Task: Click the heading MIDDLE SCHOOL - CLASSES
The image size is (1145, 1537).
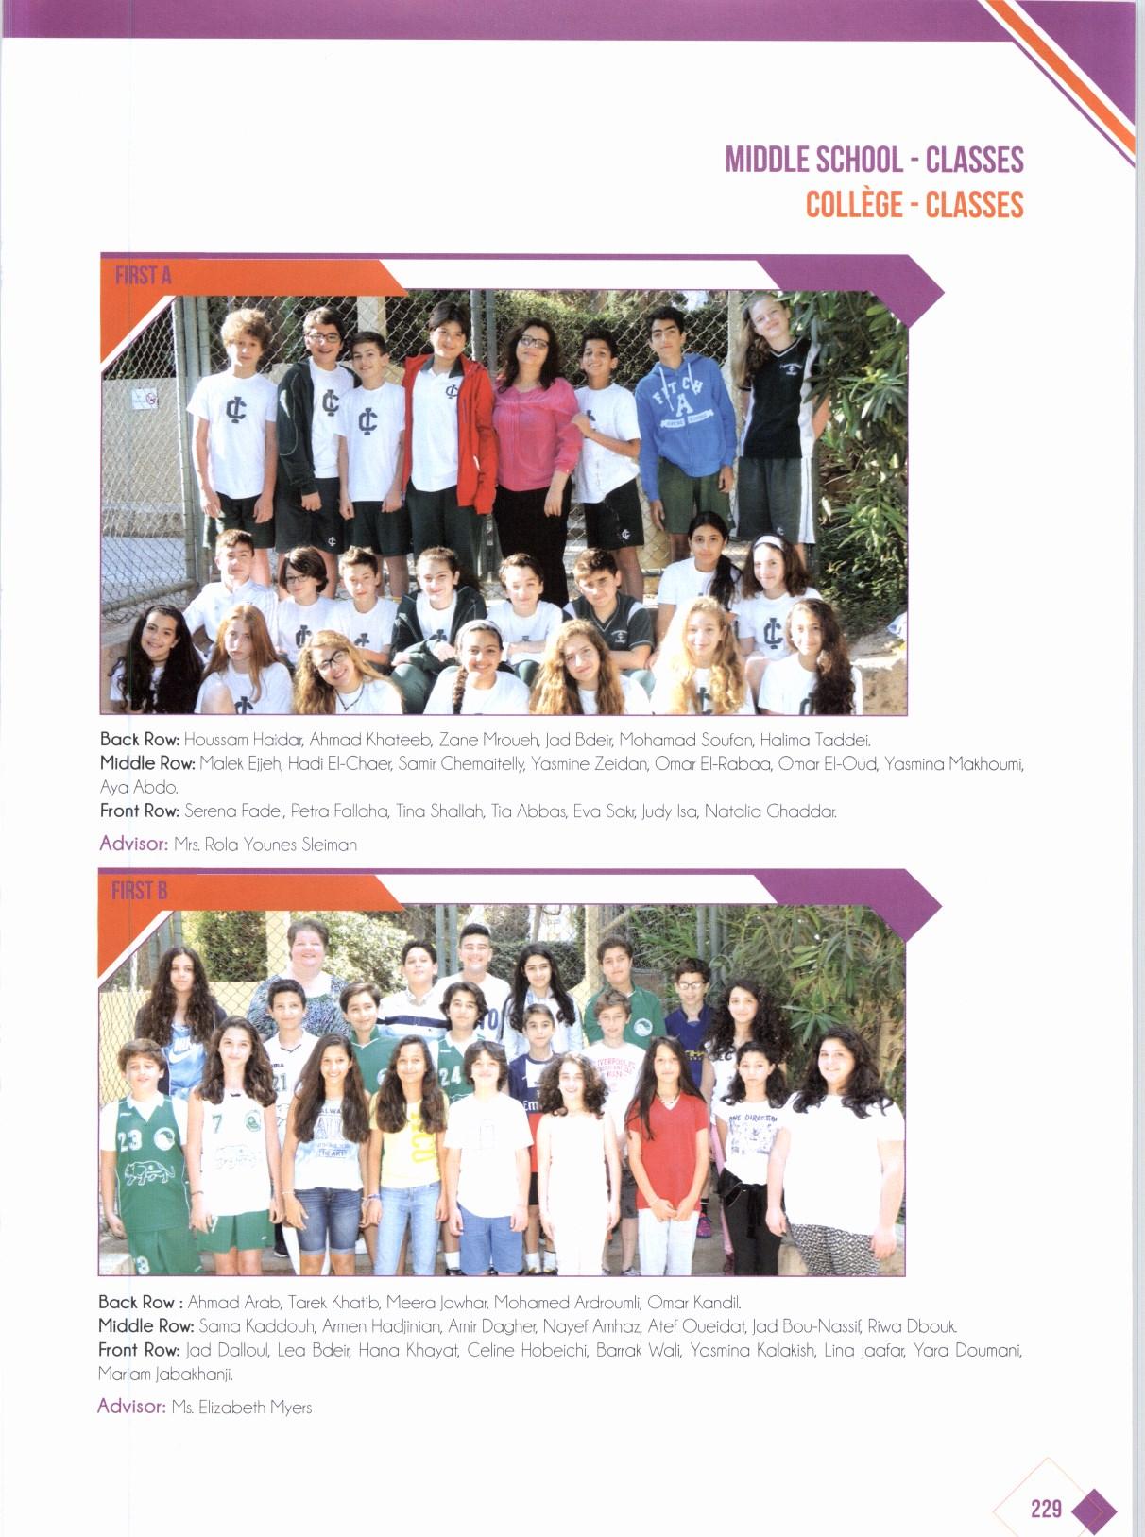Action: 874,160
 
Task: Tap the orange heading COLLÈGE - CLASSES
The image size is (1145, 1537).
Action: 914,204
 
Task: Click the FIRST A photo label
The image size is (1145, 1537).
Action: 143,276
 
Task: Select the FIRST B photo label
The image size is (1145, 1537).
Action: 139,890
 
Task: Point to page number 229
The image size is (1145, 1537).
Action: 1046,1509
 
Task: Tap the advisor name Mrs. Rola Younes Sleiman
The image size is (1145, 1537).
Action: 265,845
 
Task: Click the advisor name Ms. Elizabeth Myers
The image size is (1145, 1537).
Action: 242,1408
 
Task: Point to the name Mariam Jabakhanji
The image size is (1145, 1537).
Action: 165,1374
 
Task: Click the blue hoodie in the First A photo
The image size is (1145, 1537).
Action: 684,416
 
